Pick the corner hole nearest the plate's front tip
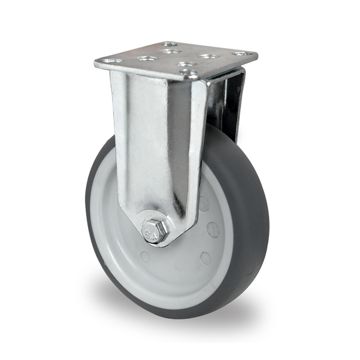[x=190, y=72]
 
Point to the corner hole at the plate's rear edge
[x=169, y=45]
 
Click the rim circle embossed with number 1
[x=213, y=229]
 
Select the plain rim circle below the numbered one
[x=206, y=258]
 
